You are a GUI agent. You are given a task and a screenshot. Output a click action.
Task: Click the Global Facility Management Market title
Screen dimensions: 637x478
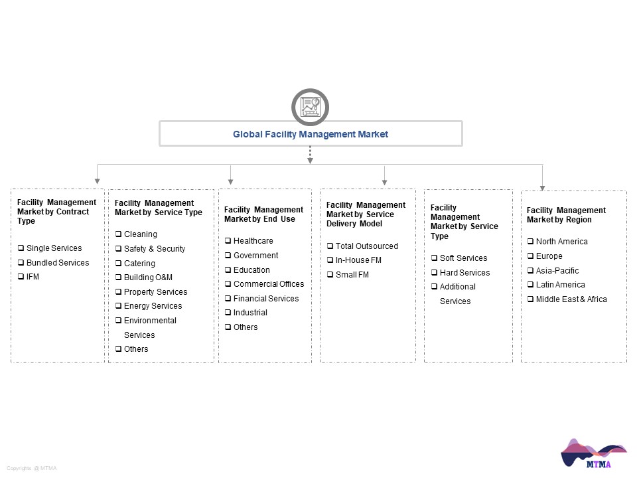click(311, 134)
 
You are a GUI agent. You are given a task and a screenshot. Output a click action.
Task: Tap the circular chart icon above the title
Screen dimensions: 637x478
click(310, 107)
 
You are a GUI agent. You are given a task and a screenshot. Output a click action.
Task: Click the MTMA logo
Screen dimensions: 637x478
click(593, 453)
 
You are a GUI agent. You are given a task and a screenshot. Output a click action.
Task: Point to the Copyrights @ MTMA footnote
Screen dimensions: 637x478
click(32, 468)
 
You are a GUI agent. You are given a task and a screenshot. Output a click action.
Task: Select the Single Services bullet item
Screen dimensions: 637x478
click(54, 248)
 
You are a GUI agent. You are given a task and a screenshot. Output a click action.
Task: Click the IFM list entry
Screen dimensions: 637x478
click(33, 277)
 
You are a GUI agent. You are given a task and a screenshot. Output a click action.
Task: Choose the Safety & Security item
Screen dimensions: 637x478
click(155, 249)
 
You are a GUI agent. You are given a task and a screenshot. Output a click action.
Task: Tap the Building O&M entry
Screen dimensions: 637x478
click(148, 278)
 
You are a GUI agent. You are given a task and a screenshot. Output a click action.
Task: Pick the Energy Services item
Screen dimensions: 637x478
click(153, 306)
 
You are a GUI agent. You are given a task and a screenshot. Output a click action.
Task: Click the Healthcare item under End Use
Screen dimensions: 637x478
click(253, 241)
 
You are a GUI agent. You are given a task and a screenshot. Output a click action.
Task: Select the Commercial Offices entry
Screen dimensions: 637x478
click(269, 284)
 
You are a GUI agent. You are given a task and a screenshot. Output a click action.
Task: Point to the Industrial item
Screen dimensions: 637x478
click(250, 313)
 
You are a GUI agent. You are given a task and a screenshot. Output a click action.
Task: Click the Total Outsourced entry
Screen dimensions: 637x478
click(367, 246)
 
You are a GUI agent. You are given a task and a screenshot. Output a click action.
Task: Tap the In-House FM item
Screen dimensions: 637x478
click(358, 260)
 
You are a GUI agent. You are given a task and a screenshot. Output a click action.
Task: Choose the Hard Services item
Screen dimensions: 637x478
click(464, 273)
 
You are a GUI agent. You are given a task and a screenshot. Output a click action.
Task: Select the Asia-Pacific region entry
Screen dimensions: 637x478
click(557, 271)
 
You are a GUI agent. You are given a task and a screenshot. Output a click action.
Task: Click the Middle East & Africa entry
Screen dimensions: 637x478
click(571, 299)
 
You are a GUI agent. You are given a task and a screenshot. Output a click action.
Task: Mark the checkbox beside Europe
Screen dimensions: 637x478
click(531, 256)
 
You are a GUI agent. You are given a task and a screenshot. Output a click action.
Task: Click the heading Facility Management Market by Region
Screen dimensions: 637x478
click(566, 215)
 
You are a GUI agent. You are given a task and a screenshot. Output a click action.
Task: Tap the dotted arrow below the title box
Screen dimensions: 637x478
click(310, 155)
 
